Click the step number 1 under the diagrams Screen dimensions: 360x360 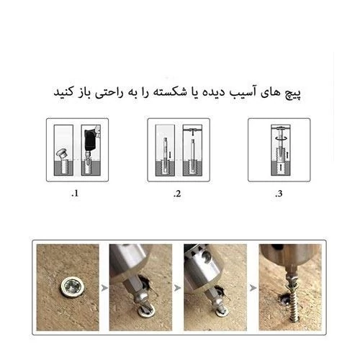click(75, 194)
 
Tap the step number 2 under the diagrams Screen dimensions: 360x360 click(177, 194)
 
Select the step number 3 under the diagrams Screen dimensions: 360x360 click(279, 194)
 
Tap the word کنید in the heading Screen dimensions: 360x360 click(63, 92)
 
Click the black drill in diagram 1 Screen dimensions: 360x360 click(91, 139)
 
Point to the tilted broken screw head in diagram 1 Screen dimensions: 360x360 click(61, 153)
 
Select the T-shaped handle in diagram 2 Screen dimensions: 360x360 click(192, 132)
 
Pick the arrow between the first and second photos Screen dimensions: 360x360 click(104, 287)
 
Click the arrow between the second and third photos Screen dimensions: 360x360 click(177, 287)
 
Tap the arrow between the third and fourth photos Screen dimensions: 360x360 click(253, 287)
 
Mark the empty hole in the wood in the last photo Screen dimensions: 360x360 click(283, 299)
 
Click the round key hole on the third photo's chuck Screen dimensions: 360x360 click(207, 258)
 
